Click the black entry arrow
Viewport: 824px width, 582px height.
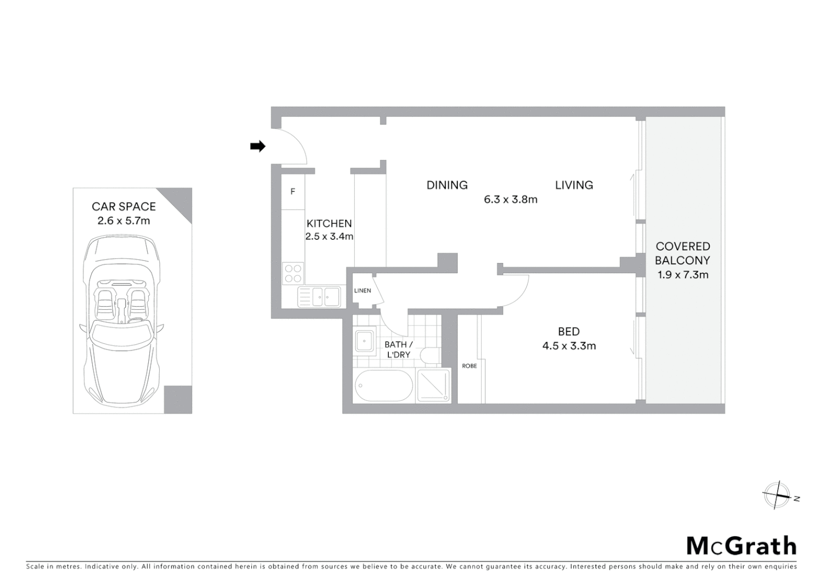pos(258,146)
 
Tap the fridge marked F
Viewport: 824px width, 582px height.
pos(293,191)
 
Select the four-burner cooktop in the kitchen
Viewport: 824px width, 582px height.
pos(293,273)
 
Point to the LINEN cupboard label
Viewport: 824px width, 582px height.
pos(362,291)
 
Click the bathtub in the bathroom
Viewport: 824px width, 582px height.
pos(384,386)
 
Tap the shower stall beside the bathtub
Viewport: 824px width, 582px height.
pos(434,386)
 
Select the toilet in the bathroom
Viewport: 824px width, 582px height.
pos(431,356)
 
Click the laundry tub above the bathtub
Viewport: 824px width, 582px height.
pos(365,341)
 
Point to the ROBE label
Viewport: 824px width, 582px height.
pos(469,366)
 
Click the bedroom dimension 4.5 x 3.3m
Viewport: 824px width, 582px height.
pos(569,346)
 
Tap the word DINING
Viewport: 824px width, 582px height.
pos(447,185)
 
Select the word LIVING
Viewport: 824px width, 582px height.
pos(574,185)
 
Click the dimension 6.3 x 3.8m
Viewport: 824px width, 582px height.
pos(510,199)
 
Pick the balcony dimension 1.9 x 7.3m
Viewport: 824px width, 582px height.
pos(683,275)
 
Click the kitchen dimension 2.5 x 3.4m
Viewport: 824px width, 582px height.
pos(329,237)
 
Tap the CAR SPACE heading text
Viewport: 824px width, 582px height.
pos(123,206)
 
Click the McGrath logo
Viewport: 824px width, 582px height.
pos(741,546)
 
